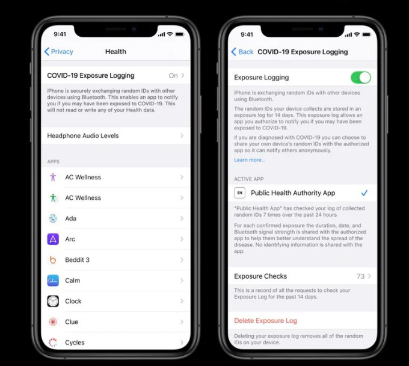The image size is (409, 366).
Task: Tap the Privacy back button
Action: [x=59, y=51]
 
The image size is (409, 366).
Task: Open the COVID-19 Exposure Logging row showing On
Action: [x=115, y=75]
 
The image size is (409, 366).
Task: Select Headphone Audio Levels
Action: [x=115, y=135]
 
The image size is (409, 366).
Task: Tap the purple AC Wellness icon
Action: [x=53, y=177]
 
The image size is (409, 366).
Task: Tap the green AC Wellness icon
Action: [x=53, y=197]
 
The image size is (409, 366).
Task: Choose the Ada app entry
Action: [x=115, y=219]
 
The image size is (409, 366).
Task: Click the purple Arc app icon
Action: [x=53, y=239]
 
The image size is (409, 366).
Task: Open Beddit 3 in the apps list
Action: [x=115, y=259]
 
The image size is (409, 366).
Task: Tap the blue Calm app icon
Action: [x=53, y=281]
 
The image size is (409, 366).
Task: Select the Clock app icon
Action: [x=53, y=301]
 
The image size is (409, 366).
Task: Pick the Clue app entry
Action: [x=115, y=321]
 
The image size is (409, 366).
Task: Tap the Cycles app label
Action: [x=75, y=343]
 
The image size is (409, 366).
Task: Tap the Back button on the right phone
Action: [x=242, y=52]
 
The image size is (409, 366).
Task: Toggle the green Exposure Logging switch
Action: [x=361, y=78]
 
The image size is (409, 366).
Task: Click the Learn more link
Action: [x=250, y=160]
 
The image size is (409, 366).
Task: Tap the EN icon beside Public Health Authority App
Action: [x=240, y=193]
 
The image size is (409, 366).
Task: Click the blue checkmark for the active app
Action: [x=364, y=193]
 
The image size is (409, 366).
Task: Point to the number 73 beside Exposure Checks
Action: [x=360, y=276]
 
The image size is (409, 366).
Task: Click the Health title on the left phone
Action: [x=115, y=51]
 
